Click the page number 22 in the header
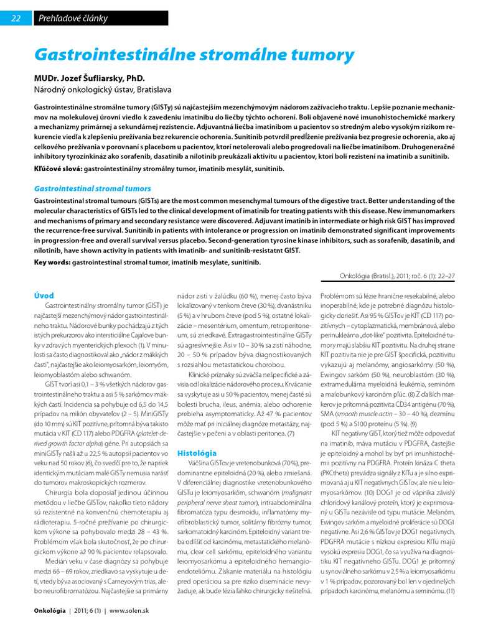[x=16, y=18]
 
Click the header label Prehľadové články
[x=73, y=18]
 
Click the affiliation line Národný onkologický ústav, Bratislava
[x=102, y=90]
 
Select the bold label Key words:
[x=52, y=262]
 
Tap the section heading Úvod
[x=44, y=295]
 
